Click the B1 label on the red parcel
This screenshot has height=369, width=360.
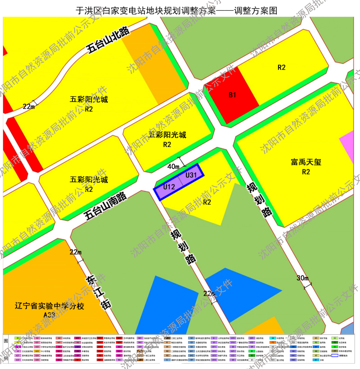[233, 95]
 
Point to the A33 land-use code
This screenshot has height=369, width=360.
[49, 316]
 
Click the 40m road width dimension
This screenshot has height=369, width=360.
[173, 167]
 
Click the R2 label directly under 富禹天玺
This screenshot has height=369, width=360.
[306, 172]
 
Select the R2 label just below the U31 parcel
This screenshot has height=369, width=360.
[207, 202]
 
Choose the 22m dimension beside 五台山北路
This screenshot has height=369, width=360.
[29, 107]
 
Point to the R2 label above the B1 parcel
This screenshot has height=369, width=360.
[282, 68]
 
